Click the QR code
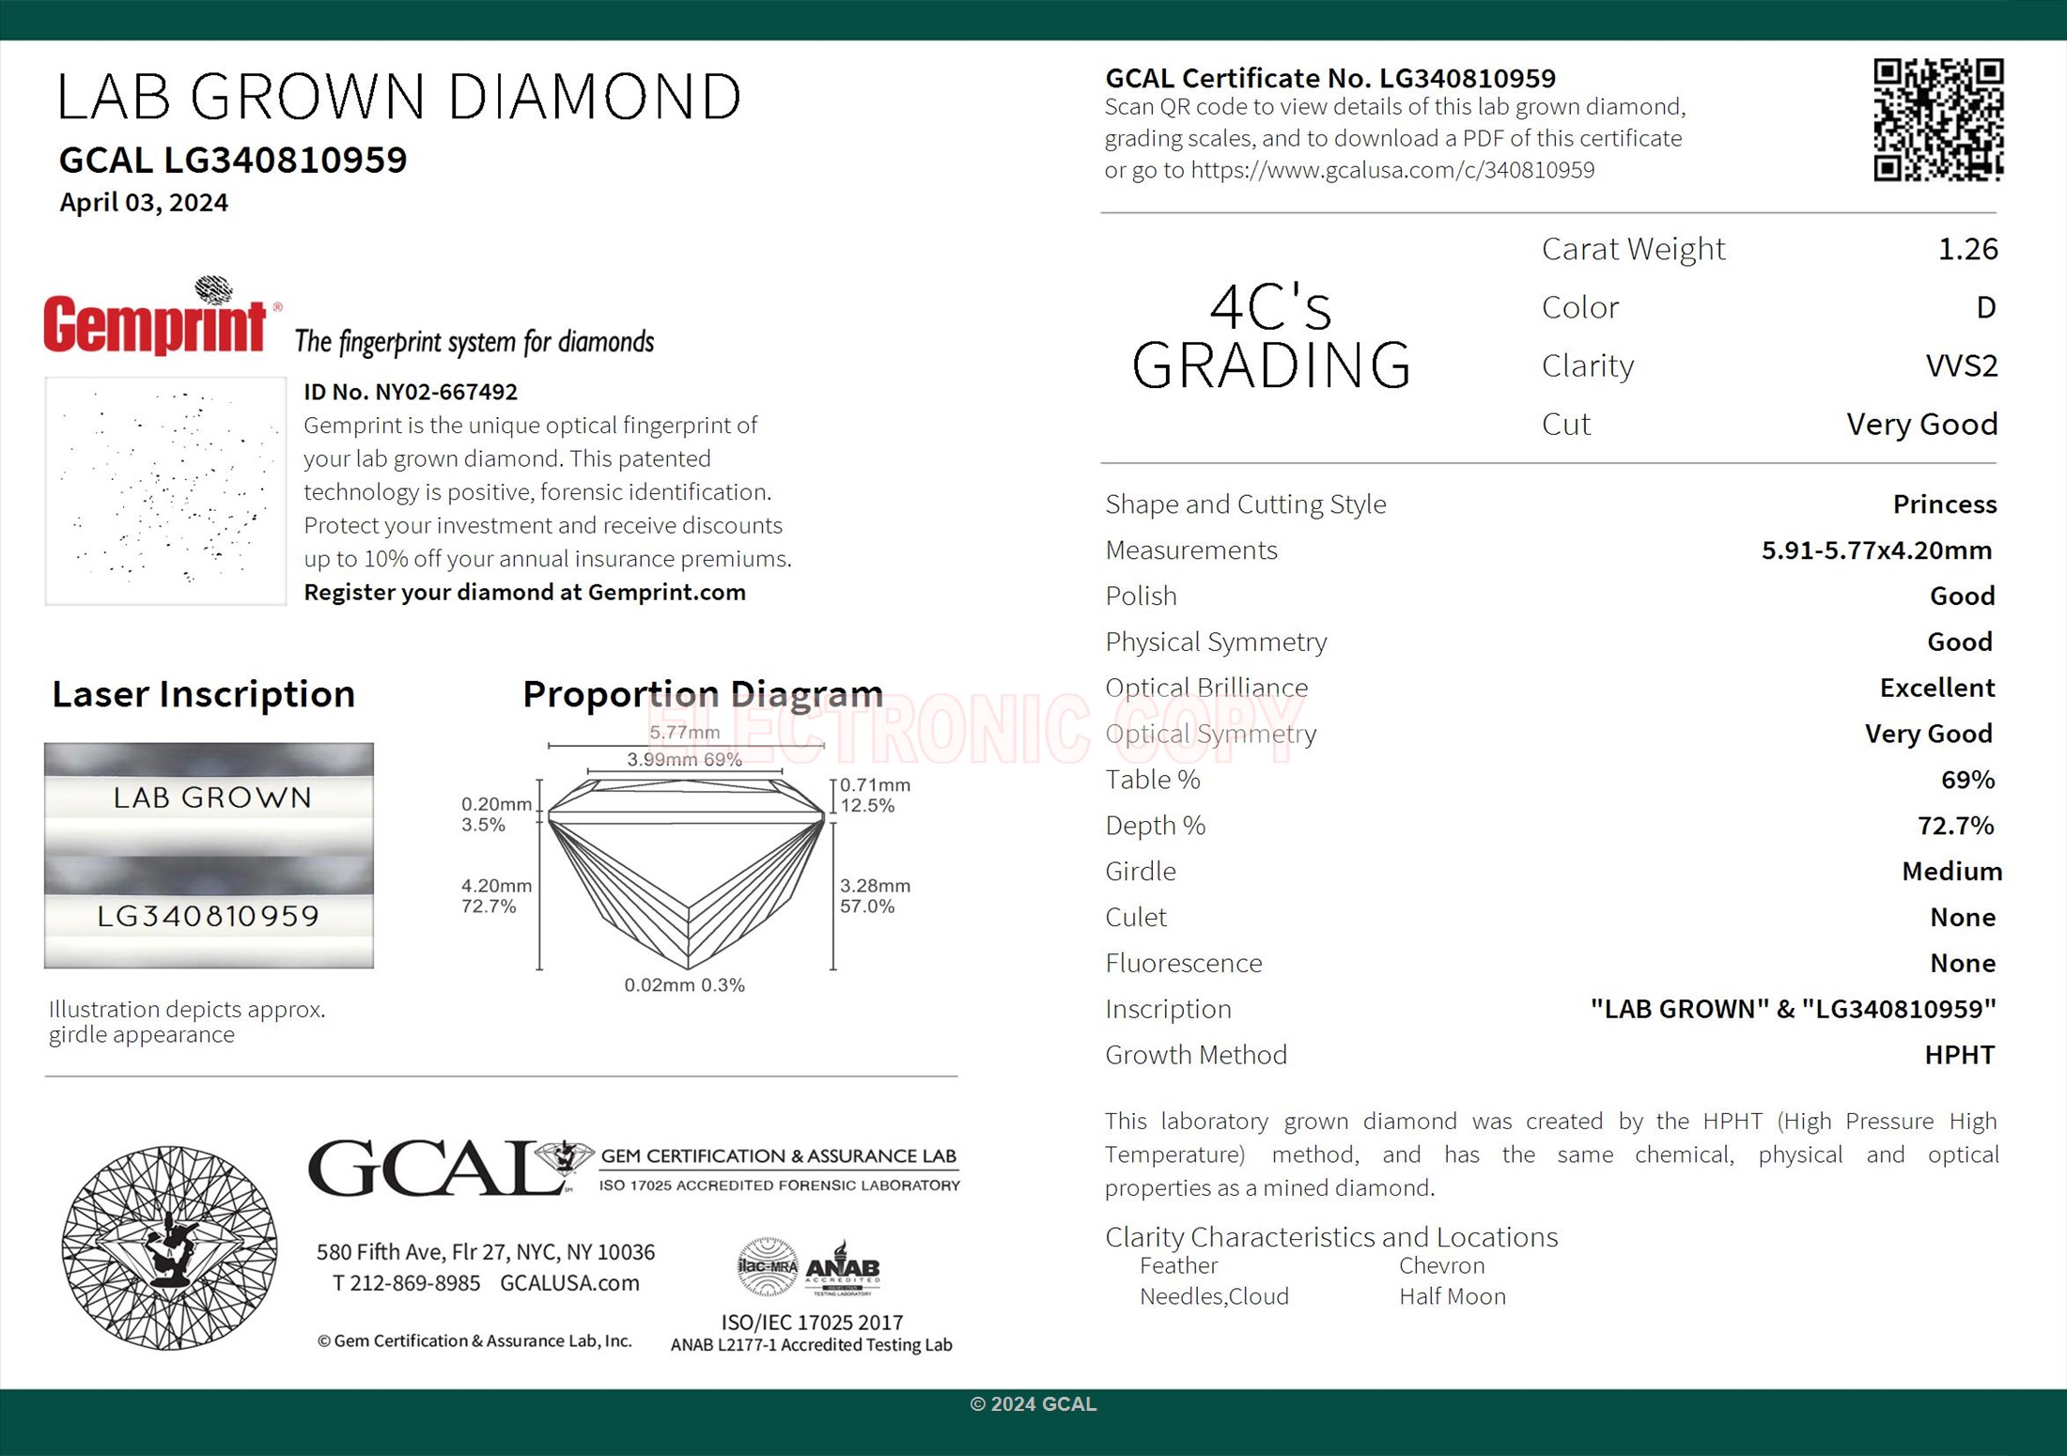tap(1937, 119)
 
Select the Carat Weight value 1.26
tap(1967, 249)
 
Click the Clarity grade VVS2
tap(1961, 365)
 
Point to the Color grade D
tap(1985, 307)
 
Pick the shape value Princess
tap(1944, 504)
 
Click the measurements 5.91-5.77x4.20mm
tap(1876, 550)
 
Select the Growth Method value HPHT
tap(1959, 1055)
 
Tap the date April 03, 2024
tap(144, 203)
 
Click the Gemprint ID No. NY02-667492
tap(411, 392)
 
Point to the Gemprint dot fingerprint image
tap(165, 491)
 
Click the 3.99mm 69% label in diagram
tap(684, 760)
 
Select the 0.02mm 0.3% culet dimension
tap(684, 985)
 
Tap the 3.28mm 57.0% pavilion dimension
tap(874, 896)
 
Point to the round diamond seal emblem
tap(169, 1247)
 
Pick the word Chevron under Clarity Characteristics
tap(1441, 1266)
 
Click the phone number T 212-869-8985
tap(406, 1283)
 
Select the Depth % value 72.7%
tap(1955, 826)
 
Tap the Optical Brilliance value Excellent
tap(1936, 689)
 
